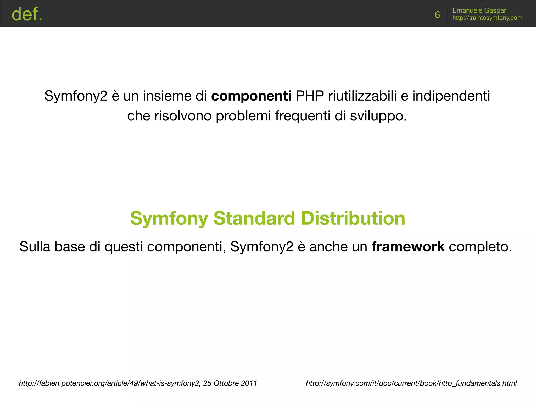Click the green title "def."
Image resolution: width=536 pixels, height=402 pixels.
(27, 14)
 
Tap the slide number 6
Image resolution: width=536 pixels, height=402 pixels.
(437, 15)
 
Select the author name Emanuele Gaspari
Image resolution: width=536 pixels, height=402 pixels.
(480, 10)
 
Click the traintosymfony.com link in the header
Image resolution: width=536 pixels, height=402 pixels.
(487, 18)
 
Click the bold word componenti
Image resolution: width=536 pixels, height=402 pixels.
(251, 96)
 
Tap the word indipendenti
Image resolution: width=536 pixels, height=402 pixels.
(451, 96)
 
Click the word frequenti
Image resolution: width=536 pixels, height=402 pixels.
(303, 116)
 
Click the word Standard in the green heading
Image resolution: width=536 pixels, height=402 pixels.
(254, 218)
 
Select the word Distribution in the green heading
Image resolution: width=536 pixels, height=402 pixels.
(353, 218)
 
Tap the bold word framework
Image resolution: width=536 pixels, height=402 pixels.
(408, 247)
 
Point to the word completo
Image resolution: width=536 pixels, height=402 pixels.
(480, 247)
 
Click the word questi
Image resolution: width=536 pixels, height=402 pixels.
(124, 247)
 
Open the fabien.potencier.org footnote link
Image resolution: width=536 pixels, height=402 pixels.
(109, 383)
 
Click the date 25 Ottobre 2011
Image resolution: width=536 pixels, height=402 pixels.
(230, 383)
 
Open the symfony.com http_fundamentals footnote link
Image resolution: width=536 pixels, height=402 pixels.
(411, 383)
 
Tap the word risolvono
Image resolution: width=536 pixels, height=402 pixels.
(183, 116)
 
